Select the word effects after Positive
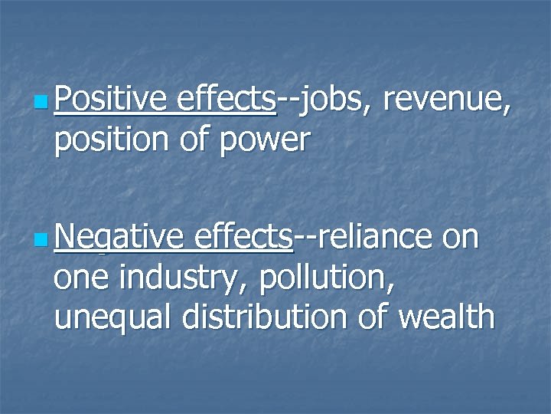226,99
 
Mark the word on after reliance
461,238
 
